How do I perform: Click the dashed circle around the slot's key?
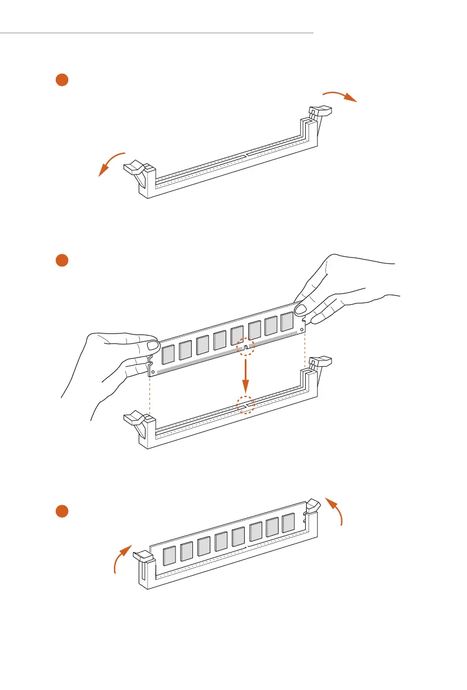tap(245, 404)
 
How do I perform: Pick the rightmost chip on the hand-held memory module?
tap(287, 322)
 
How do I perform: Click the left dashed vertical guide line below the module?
tap(149, 394)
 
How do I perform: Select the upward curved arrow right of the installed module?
tap(336, 510)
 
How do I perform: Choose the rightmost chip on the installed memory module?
tap(288, 523)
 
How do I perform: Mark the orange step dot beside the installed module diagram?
tap(62, 511)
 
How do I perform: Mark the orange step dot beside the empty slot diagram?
tap(62, 80)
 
